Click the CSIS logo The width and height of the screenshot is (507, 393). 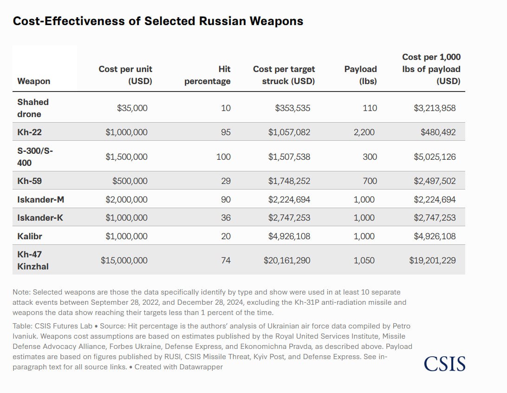click(444, 363)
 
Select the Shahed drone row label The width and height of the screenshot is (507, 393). click(33, 108)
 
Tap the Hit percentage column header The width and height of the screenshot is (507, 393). click(208, 75)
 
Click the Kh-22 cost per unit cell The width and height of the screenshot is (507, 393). click(126, 132)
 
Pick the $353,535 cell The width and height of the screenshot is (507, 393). click(292, 108)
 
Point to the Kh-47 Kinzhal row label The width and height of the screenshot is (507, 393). click(33, 260)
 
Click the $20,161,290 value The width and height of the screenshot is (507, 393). click(287, 261)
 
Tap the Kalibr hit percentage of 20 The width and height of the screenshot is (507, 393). click(226, 236)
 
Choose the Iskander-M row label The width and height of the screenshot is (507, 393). click(41, 199)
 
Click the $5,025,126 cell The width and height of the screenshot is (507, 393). click(435, 157)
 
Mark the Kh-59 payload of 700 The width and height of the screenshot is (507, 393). click(370, 181)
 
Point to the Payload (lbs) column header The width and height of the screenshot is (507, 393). click(361, 75)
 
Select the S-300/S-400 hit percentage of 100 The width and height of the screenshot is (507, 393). click(223, 157)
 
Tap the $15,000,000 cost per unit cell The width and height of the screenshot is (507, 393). click(124, 261)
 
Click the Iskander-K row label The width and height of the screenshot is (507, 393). click(40, 217)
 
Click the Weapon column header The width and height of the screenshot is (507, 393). click(34, 81)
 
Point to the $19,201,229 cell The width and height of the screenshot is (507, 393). click(432, 261)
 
